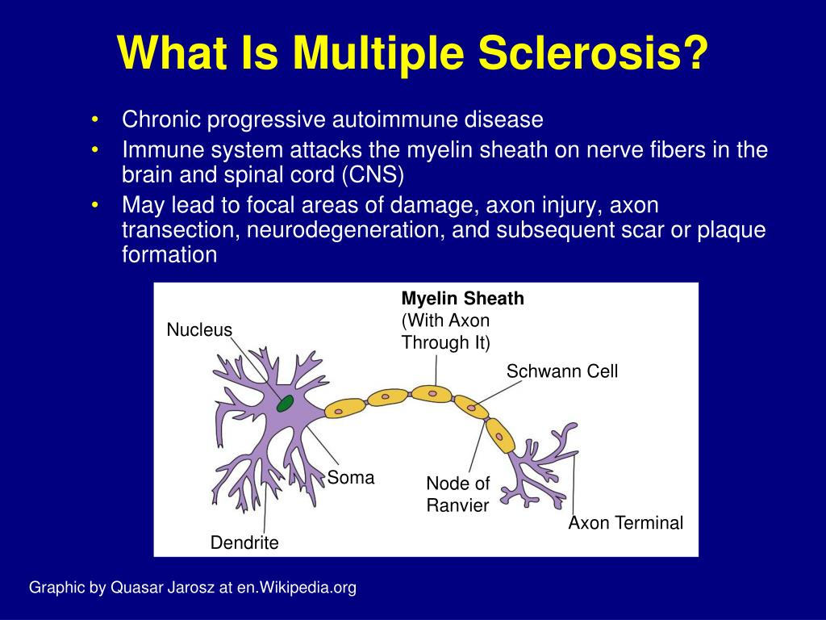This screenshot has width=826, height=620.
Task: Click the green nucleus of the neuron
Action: point(285,404)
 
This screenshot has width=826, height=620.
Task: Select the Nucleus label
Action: point(199,330)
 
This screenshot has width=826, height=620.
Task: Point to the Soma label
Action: point(350,478)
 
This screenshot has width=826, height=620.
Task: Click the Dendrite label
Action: point(244,542)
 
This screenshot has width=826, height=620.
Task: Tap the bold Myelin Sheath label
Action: point(462,299)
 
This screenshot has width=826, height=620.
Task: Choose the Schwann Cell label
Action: point(562,371)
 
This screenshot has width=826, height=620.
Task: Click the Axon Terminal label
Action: point(626,523)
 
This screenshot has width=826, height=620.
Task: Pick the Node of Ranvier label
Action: point(458,494)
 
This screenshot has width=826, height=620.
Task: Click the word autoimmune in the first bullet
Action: point(395,119)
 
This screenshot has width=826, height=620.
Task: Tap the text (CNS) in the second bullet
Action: point(373,175)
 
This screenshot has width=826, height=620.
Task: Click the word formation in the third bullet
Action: point(169,254)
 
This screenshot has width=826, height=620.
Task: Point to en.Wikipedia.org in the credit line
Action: point(297,588)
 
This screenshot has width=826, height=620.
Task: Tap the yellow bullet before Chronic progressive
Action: point(95,119)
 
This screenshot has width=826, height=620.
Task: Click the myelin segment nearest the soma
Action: point(345,408)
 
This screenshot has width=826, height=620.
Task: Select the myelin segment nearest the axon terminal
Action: point(500,436)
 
